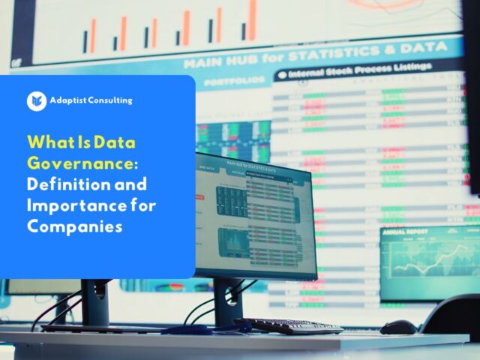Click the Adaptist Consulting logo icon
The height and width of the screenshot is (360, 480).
coord(37,100)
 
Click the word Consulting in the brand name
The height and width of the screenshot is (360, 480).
coord(108,100)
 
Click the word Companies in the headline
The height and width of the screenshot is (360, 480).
coord(74,225)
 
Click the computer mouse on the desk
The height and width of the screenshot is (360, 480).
coord(397,327)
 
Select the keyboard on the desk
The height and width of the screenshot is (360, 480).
coord(288,325)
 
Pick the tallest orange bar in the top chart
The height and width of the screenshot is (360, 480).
coord(253,19)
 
